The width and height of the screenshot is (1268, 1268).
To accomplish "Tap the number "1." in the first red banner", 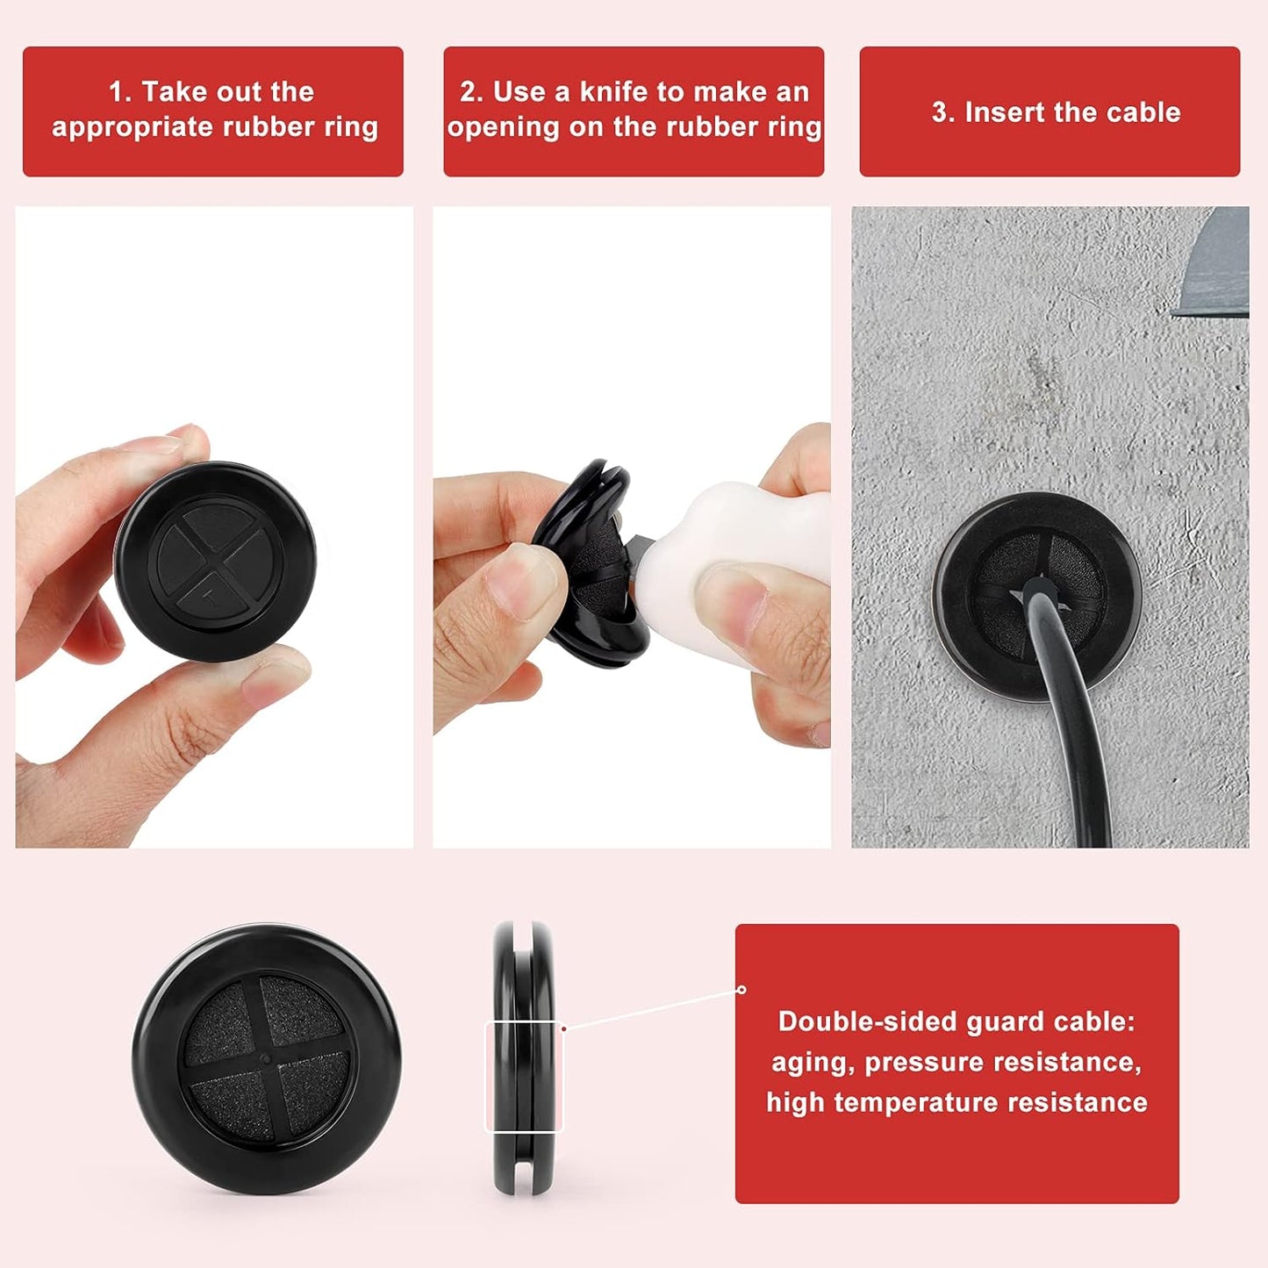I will point(119,92).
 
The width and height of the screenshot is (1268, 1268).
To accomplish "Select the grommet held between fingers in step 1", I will point(216,562).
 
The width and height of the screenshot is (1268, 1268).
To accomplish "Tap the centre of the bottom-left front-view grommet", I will point(267,1057).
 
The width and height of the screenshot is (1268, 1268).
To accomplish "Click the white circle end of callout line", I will point(741,990).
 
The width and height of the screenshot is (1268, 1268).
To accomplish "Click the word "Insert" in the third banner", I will point(1004,112).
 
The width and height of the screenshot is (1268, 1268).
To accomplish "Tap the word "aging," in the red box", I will point(813,1062).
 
